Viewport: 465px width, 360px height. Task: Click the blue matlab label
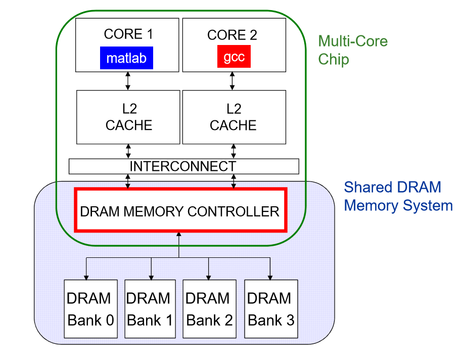126,58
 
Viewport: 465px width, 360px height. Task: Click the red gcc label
234,57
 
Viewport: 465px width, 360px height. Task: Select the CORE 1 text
128,34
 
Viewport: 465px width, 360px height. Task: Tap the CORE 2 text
232,35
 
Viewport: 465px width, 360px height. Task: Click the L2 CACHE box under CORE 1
128,117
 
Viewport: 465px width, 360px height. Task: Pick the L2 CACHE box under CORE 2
234,117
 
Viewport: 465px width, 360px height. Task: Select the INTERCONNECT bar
183,166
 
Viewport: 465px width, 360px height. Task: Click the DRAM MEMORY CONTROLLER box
181,210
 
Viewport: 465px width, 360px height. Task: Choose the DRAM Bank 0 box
90,308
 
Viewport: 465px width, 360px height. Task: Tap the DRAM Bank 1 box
150,308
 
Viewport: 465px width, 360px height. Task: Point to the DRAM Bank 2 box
209,308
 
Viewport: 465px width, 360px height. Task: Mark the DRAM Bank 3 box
270,308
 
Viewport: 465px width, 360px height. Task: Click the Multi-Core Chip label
352,50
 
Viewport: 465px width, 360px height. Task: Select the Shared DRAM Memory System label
398,197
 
